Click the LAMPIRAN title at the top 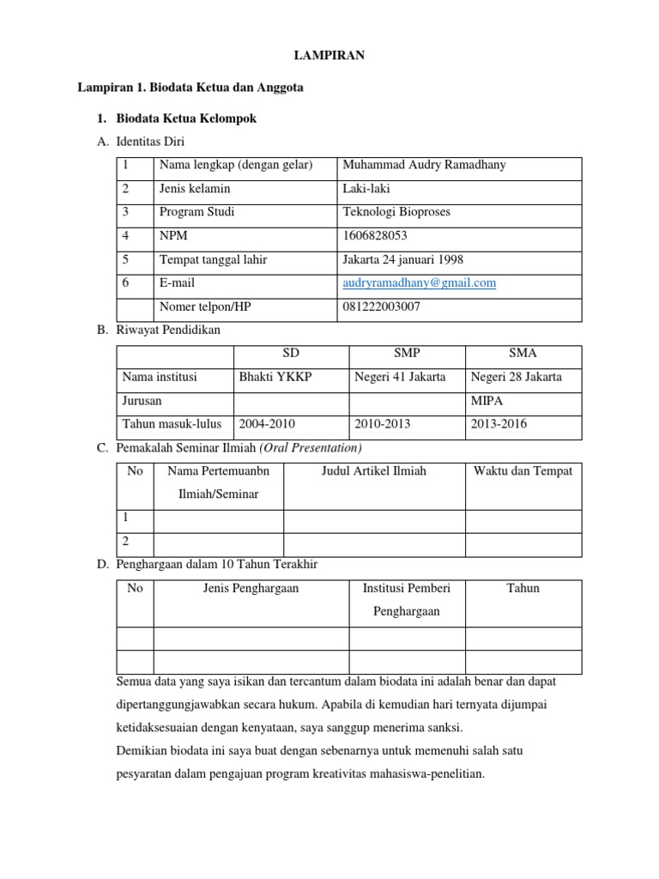[x=329, y=56]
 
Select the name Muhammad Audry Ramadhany [x=424, y=165]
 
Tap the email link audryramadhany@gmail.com [x=419, y=282]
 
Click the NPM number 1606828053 [x=375, y=235]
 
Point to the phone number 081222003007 [x=381, y=306]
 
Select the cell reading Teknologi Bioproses [x=396, y=212]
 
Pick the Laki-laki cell [x=366, y=189]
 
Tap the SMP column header [x=407, y=353]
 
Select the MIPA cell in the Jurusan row [x=487, y=400]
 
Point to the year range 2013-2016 [x=499, y=423]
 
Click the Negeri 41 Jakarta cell [x=400, y=377]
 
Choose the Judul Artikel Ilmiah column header [x=373, y=471]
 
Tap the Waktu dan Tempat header [x=523, y=471]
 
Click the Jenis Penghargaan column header [x=251, y=588]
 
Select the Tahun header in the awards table [x=523, y=588]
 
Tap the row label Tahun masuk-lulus [x=172, y=423]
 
